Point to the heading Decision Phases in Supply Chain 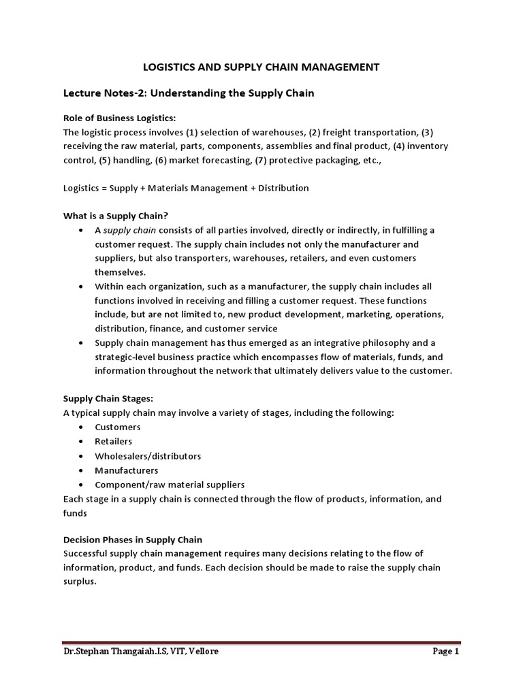(132, 540)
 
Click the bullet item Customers (118, 427)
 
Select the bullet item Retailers (114, 441)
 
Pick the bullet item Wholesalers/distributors (148, 455)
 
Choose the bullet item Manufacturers (127, 470)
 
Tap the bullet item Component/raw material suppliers (170, 484)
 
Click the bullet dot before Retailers (81, 441)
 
